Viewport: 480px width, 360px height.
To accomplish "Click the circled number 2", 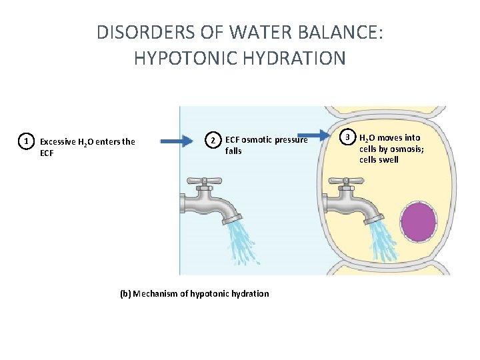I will [x=212, y=140].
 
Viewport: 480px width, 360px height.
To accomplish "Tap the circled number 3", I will [x=347, y=138].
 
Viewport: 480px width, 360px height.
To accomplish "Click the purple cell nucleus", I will [x=418, y=223].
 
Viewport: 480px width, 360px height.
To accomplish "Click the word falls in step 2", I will [x=233, y=151].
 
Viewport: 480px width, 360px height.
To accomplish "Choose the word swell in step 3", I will [x=388, y=159].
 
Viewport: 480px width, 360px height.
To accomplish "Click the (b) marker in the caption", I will [x=125, y=293].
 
